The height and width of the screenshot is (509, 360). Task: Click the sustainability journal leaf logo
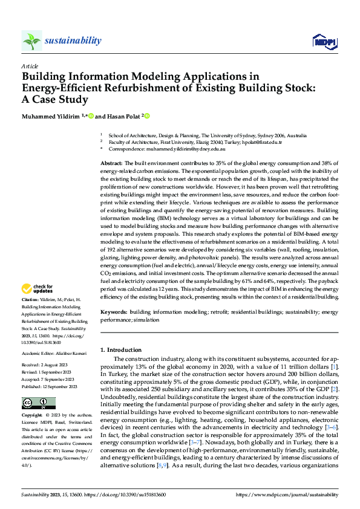tap(31, 41)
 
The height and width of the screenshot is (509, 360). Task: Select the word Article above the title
tap(30, 65)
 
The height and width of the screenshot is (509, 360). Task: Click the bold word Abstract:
tap(111, 164)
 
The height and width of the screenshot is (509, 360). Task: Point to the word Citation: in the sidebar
tap(31, 300)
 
